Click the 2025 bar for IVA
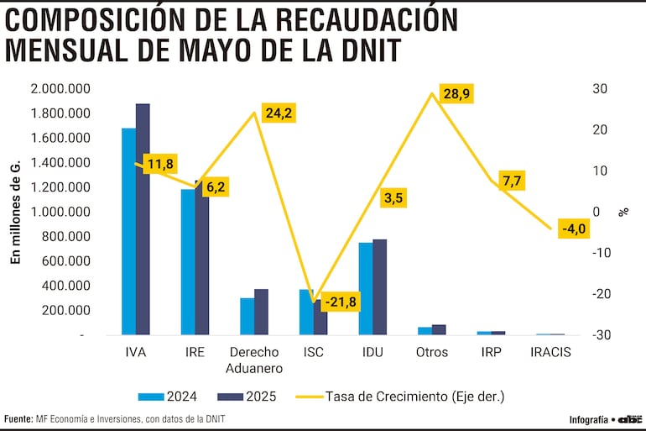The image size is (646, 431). click(x=143, y=219)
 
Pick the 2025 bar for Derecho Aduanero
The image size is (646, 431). click(x=261, y=312)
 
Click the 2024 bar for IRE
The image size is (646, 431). click(x=188, y=261)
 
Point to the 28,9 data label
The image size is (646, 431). click(x=456, y=94)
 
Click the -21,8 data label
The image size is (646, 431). click(x=341, y=302)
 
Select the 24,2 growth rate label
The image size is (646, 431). click(x=278, y=113)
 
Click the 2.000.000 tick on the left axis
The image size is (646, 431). click(x=60, y=89)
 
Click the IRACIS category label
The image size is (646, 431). click(x=550, y=353)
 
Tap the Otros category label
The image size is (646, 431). click(x=432, y=353)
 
